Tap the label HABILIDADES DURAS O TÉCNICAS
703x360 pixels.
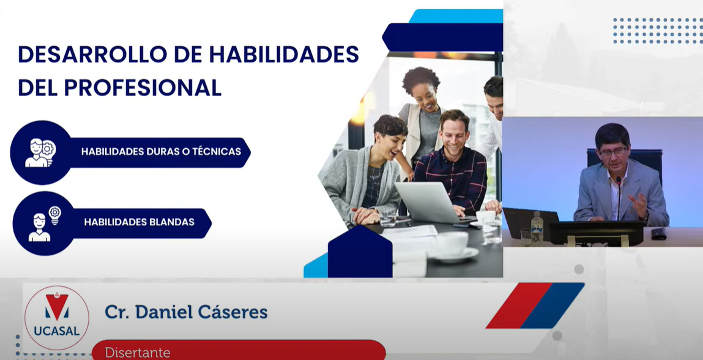[161, 152]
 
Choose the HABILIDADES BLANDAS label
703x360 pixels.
[139, 222]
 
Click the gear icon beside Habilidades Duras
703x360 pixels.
[48, 148]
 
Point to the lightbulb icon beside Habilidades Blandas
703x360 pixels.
[54, 215]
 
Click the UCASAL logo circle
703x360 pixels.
[56, 318]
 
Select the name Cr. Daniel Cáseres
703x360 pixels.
[186, 312]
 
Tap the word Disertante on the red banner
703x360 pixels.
[138, 353]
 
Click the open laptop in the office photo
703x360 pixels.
[429, 203]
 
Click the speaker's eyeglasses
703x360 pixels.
[612, 152]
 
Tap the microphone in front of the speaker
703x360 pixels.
[619, 198]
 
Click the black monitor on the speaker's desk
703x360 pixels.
[597, 233]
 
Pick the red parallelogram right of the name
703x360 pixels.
[519, 306]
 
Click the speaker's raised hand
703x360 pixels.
[639, 204]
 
